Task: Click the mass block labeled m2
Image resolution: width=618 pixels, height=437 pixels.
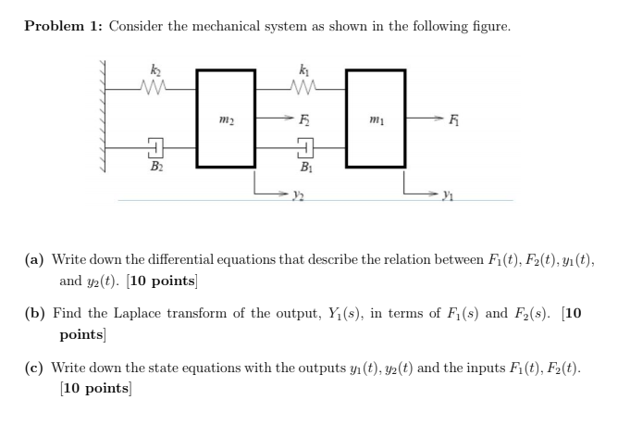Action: [225, 117]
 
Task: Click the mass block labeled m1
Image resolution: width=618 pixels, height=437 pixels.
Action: [375, 117]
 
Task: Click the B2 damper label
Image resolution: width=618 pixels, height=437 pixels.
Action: [154, 168]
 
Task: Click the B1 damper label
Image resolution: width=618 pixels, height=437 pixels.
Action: [304, 168]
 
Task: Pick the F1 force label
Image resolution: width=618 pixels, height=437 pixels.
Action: [452, 118]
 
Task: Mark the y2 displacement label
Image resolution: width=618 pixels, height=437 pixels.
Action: [296, 196]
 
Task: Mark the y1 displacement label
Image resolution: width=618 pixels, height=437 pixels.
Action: [447, 196]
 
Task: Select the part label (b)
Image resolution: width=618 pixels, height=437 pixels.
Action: [38, 313]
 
